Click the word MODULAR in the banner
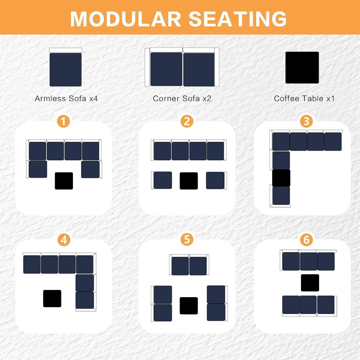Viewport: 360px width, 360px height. point(126,19)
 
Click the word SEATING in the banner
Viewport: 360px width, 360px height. point(238,19)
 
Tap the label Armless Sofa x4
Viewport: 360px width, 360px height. point(66,98)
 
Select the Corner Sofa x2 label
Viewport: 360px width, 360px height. point(182,98)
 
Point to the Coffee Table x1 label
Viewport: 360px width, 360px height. point(304,98)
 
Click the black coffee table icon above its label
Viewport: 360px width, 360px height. point(302,68)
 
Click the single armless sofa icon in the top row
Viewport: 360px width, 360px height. point(66,67)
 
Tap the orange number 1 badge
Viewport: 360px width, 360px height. point(63,121)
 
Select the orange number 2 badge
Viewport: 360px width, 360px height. point(187,121)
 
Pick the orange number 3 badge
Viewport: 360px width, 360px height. point(307,121)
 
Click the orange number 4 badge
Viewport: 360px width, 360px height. point(64,240)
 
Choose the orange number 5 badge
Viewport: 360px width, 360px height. point(187,239)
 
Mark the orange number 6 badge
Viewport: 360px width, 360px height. point(307,240)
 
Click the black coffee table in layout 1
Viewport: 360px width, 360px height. point(64,181)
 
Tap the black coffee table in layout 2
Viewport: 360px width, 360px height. point(189,181)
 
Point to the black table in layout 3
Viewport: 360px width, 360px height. point(281,178)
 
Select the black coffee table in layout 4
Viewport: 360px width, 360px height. point(52,299)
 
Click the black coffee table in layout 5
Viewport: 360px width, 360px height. point(189,306)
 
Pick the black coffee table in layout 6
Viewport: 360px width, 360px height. point(310,283)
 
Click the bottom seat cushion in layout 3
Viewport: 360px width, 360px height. point(281,195)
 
